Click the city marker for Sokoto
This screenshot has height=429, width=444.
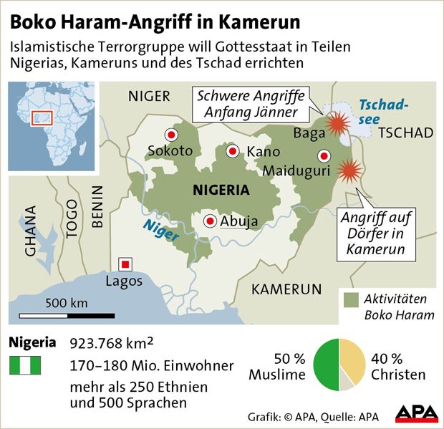coord(171,135)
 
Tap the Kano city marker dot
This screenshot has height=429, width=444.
coord(233,151)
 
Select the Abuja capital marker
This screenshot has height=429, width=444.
coord(210,221)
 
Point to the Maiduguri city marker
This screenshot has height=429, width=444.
coord(324,155)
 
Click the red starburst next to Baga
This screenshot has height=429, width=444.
coord(336,125)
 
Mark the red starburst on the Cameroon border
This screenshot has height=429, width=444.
coord(349,171)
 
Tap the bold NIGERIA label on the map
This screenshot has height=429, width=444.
coord(221,191)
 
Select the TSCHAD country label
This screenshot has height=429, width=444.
coord(405,133)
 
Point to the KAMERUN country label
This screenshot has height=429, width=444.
coord(286,289)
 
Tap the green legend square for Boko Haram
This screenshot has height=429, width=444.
coord(351,298)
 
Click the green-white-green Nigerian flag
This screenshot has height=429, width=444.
coord(24,365)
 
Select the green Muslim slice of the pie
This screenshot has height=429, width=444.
coord(327,364)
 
